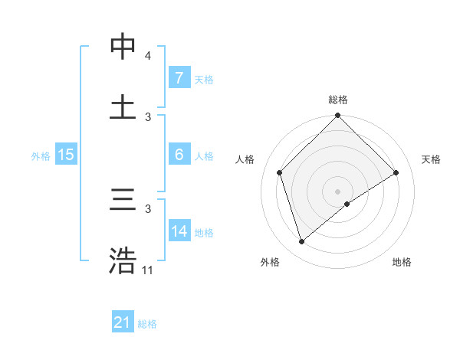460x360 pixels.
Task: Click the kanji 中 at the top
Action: point(123,47)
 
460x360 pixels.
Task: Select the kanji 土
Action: point(123,108)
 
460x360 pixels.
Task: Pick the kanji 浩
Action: point(123,261)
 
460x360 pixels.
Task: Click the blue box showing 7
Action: point(179,78)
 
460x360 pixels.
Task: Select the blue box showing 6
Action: point(179,155)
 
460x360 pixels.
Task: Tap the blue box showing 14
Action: point(179,231)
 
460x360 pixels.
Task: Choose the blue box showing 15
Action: point(66,155)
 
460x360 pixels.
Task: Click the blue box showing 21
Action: point(123,323)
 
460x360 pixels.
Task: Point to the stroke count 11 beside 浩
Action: point(148,270)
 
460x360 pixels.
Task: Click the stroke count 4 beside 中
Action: point(147,56)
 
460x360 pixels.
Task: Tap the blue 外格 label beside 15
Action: point(41,155)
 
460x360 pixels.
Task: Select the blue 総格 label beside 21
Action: point(147,324)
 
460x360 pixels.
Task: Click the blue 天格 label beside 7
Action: point(203,79)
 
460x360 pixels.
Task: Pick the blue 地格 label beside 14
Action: point(204,232)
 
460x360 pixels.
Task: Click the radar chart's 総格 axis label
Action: point(338,100)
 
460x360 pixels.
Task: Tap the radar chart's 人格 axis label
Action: point(245,159)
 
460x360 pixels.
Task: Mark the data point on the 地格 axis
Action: point(347,204)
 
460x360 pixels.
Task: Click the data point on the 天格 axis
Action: point(396,172)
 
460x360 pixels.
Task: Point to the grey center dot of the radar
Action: point(337,191)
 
